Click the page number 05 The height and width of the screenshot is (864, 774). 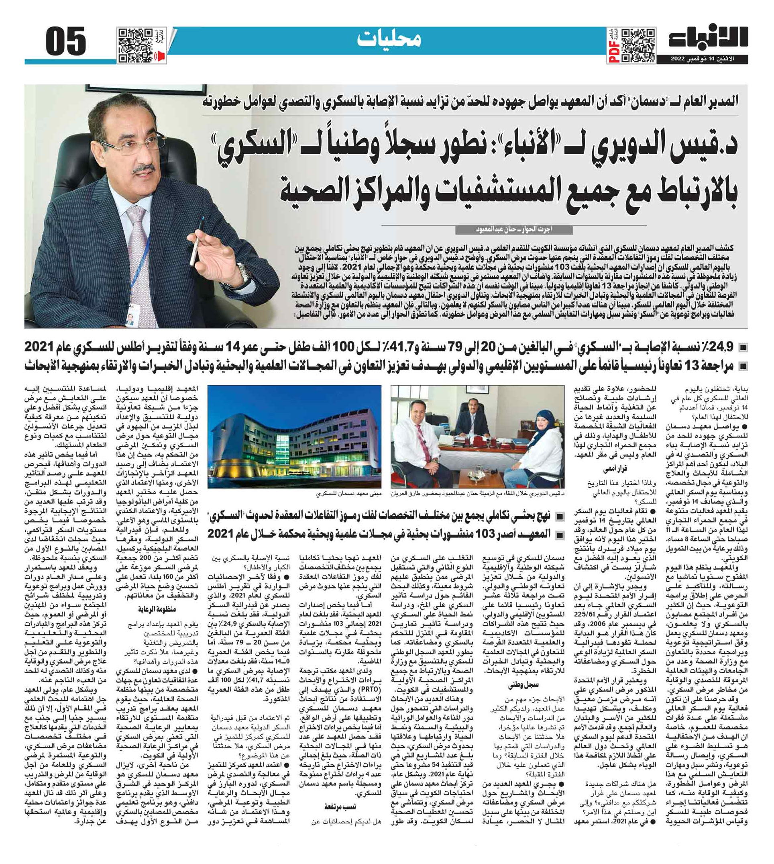(x=66, y=42)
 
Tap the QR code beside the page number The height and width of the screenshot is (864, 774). (x=136, y=45)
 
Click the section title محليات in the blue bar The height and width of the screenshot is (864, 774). (x=389, y=39)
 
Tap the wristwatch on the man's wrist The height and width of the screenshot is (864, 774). (x=243, y=272)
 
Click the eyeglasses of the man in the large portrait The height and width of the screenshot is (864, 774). (x=130, y=145)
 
